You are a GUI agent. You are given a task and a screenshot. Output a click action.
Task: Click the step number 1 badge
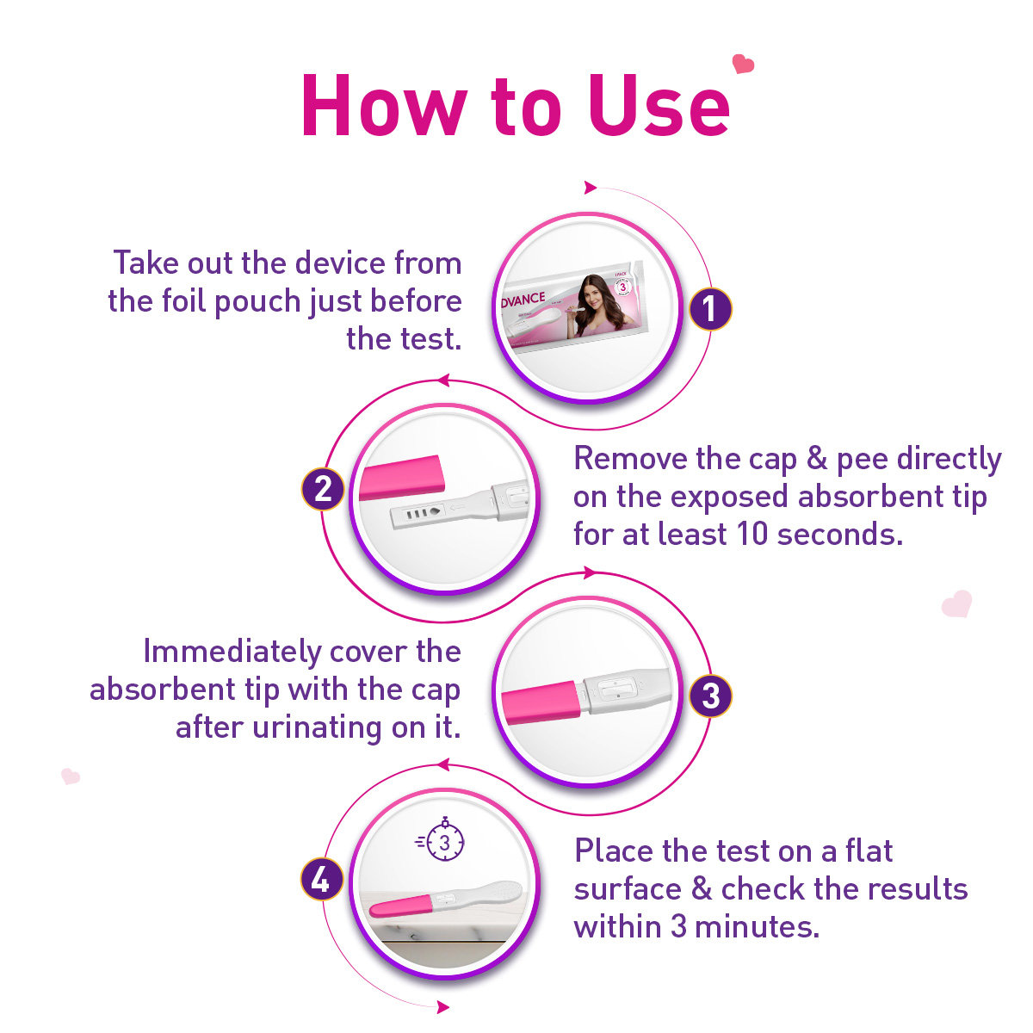(x=710, y=309)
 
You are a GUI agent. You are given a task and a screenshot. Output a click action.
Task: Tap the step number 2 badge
(x=323, y=489)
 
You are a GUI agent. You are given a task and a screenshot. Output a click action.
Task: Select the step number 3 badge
(x=710, y=695)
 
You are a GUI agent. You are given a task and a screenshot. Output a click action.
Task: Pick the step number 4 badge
(x=321, y=880)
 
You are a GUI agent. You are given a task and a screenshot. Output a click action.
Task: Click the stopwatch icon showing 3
(x=444, y=842)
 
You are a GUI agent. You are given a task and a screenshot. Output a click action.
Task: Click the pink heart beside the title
(x=742, y=64)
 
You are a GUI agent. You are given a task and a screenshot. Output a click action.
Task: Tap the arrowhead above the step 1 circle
(x=591, y=188)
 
